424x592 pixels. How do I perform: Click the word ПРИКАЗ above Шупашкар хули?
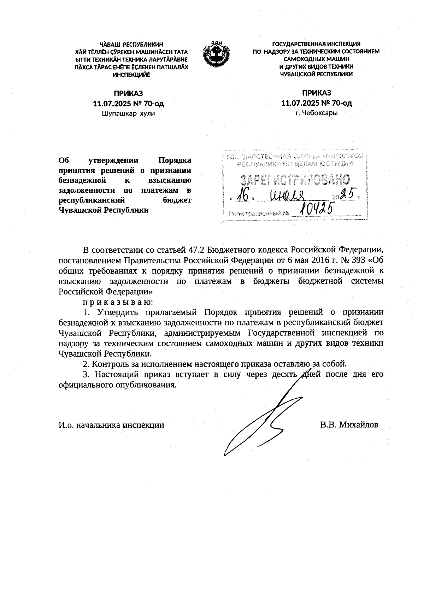point(128,94)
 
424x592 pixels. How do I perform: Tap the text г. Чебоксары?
point(316,113)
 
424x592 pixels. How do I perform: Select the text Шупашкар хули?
point(128,113)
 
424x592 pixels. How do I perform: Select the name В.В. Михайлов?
point(349,425)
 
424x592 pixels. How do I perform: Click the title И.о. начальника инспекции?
point(111,425)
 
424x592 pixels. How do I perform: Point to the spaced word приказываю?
point(118,302)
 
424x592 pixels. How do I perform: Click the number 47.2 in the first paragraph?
point(196,251)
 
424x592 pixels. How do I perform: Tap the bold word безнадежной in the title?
point(82,180)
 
